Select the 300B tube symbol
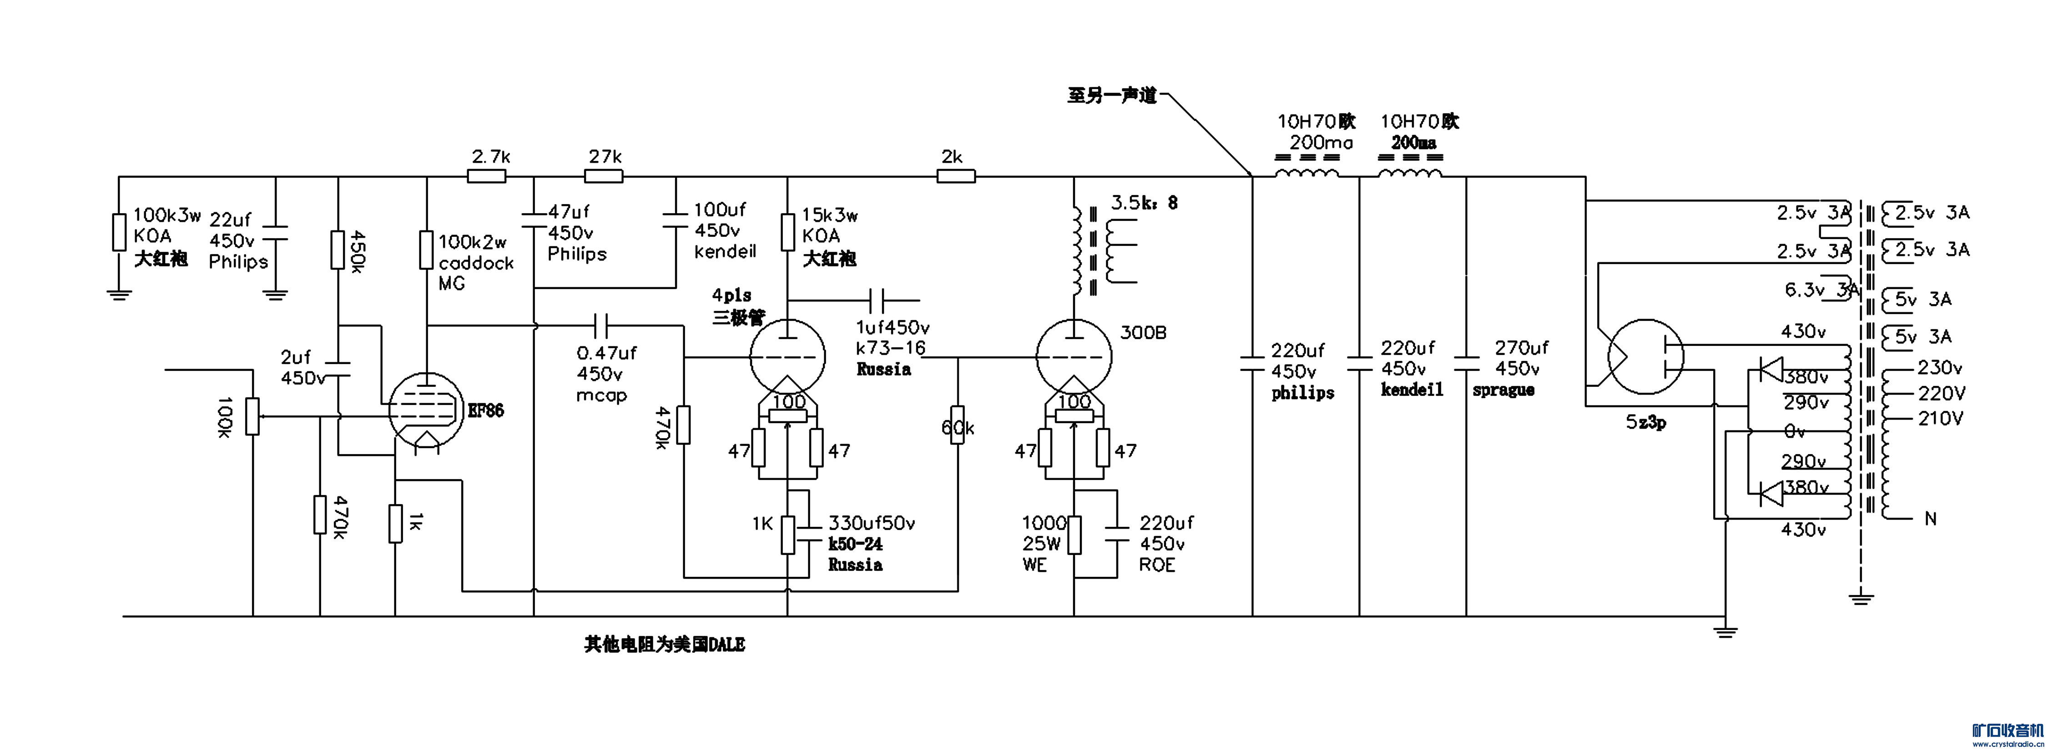click(x=1074, y=357)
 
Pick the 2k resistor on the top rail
click(x=956, y=176)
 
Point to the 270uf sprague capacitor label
click(x=1511, y=368)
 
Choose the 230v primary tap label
click(x=1940, y=368)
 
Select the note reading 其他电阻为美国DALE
click(x=665, y=645)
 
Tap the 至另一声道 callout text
click(x=1111, y=96)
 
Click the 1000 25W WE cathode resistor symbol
click(x=1074, y=535)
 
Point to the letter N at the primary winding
click(x=1930, y=519)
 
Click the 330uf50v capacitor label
click(x=871, y=523)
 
